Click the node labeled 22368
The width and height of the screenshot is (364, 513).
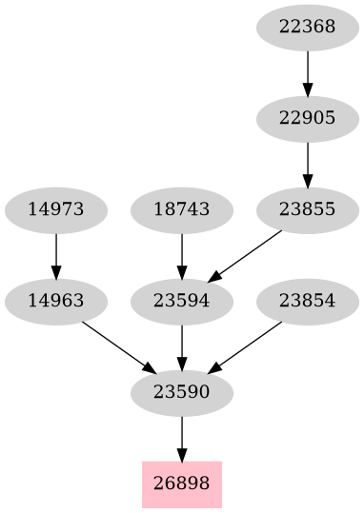pos(308,27)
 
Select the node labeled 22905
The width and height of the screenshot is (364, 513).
pos(308,118)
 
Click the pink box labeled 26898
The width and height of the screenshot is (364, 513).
pos(181,484)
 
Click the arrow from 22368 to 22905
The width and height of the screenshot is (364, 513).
pos(308,72)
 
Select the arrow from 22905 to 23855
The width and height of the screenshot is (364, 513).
pos(308,164)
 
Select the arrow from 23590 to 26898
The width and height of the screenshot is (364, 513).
pos(181,438)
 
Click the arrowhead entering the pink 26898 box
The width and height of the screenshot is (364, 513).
pos(181,454)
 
